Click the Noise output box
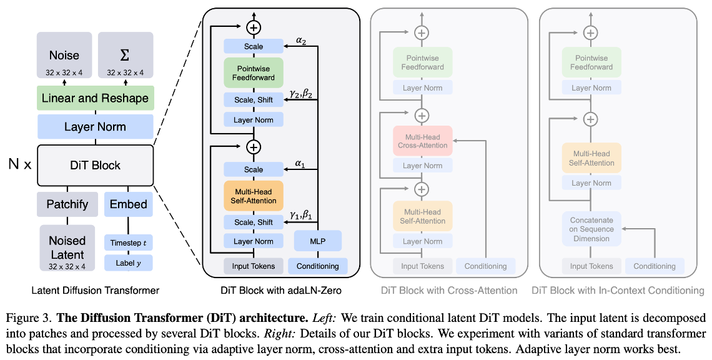coord(64,55)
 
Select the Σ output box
coord(126,55)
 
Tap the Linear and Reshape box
coord(96,98)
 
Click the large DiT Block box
coord(96,166)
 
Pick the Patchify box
coord(67,204)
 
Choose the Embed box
coord(129,204)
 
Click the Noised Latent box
coord(67,248)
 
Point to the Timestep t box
coord(129,242)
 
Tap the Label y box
coord(129,262)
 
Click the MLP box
coord(317,241)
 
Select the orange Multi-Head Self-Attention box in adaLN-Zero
coord(254,196)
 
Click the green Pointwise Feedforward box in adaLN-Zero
coord(254,72)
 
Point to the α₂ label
coord(301,41)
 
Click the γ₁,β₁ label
coord(301,214)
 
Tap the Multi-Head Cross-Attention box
coord(423,141)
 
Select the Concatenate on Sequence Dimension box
coord(591,229)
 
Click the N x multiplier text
coord(20,164)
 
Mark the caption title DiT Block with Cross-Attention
coord(449,291)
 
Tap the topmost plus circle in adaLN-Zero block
coord(254,27)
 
